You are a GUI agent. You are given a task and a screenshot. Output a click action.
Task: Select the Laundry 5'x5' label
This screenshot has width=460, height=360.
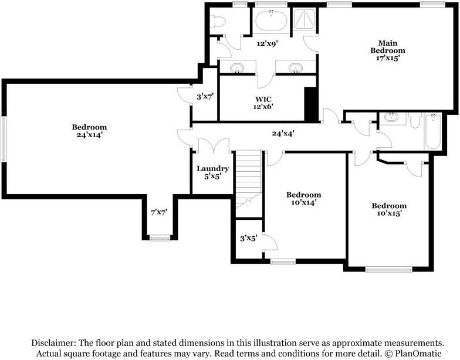pos(212,172)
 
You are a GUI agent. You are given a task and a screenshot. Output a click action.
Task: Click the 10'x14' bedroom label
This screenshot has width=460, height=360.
pos(303,199)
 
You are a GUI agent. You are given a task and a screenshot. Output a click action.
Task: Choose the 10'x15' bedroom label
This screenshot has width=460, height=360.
pos(389,209)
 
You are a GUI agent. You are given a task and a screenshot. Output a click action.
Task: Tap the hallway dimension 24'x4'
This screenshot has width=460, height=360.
pos(283,133)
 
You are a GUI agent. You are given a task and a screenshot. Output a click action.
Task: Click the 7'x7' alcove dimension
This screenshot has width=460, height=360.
pos(159,212)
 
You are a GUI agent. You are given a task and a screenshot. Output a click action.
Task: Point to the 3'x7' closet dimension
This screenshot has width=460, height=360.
pos(205,97)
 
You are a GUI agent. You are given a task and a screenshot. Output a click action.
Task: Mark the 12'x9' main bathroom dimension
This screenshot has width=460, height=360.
pos(266,43)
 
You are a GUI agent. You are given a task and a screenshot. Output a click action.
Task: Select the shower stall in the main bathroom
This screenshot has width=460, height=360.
pos(304,20)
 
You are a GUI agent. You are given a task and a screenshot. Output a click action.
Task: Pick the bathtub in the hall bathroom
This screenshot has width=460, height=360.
pos(433,132)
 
